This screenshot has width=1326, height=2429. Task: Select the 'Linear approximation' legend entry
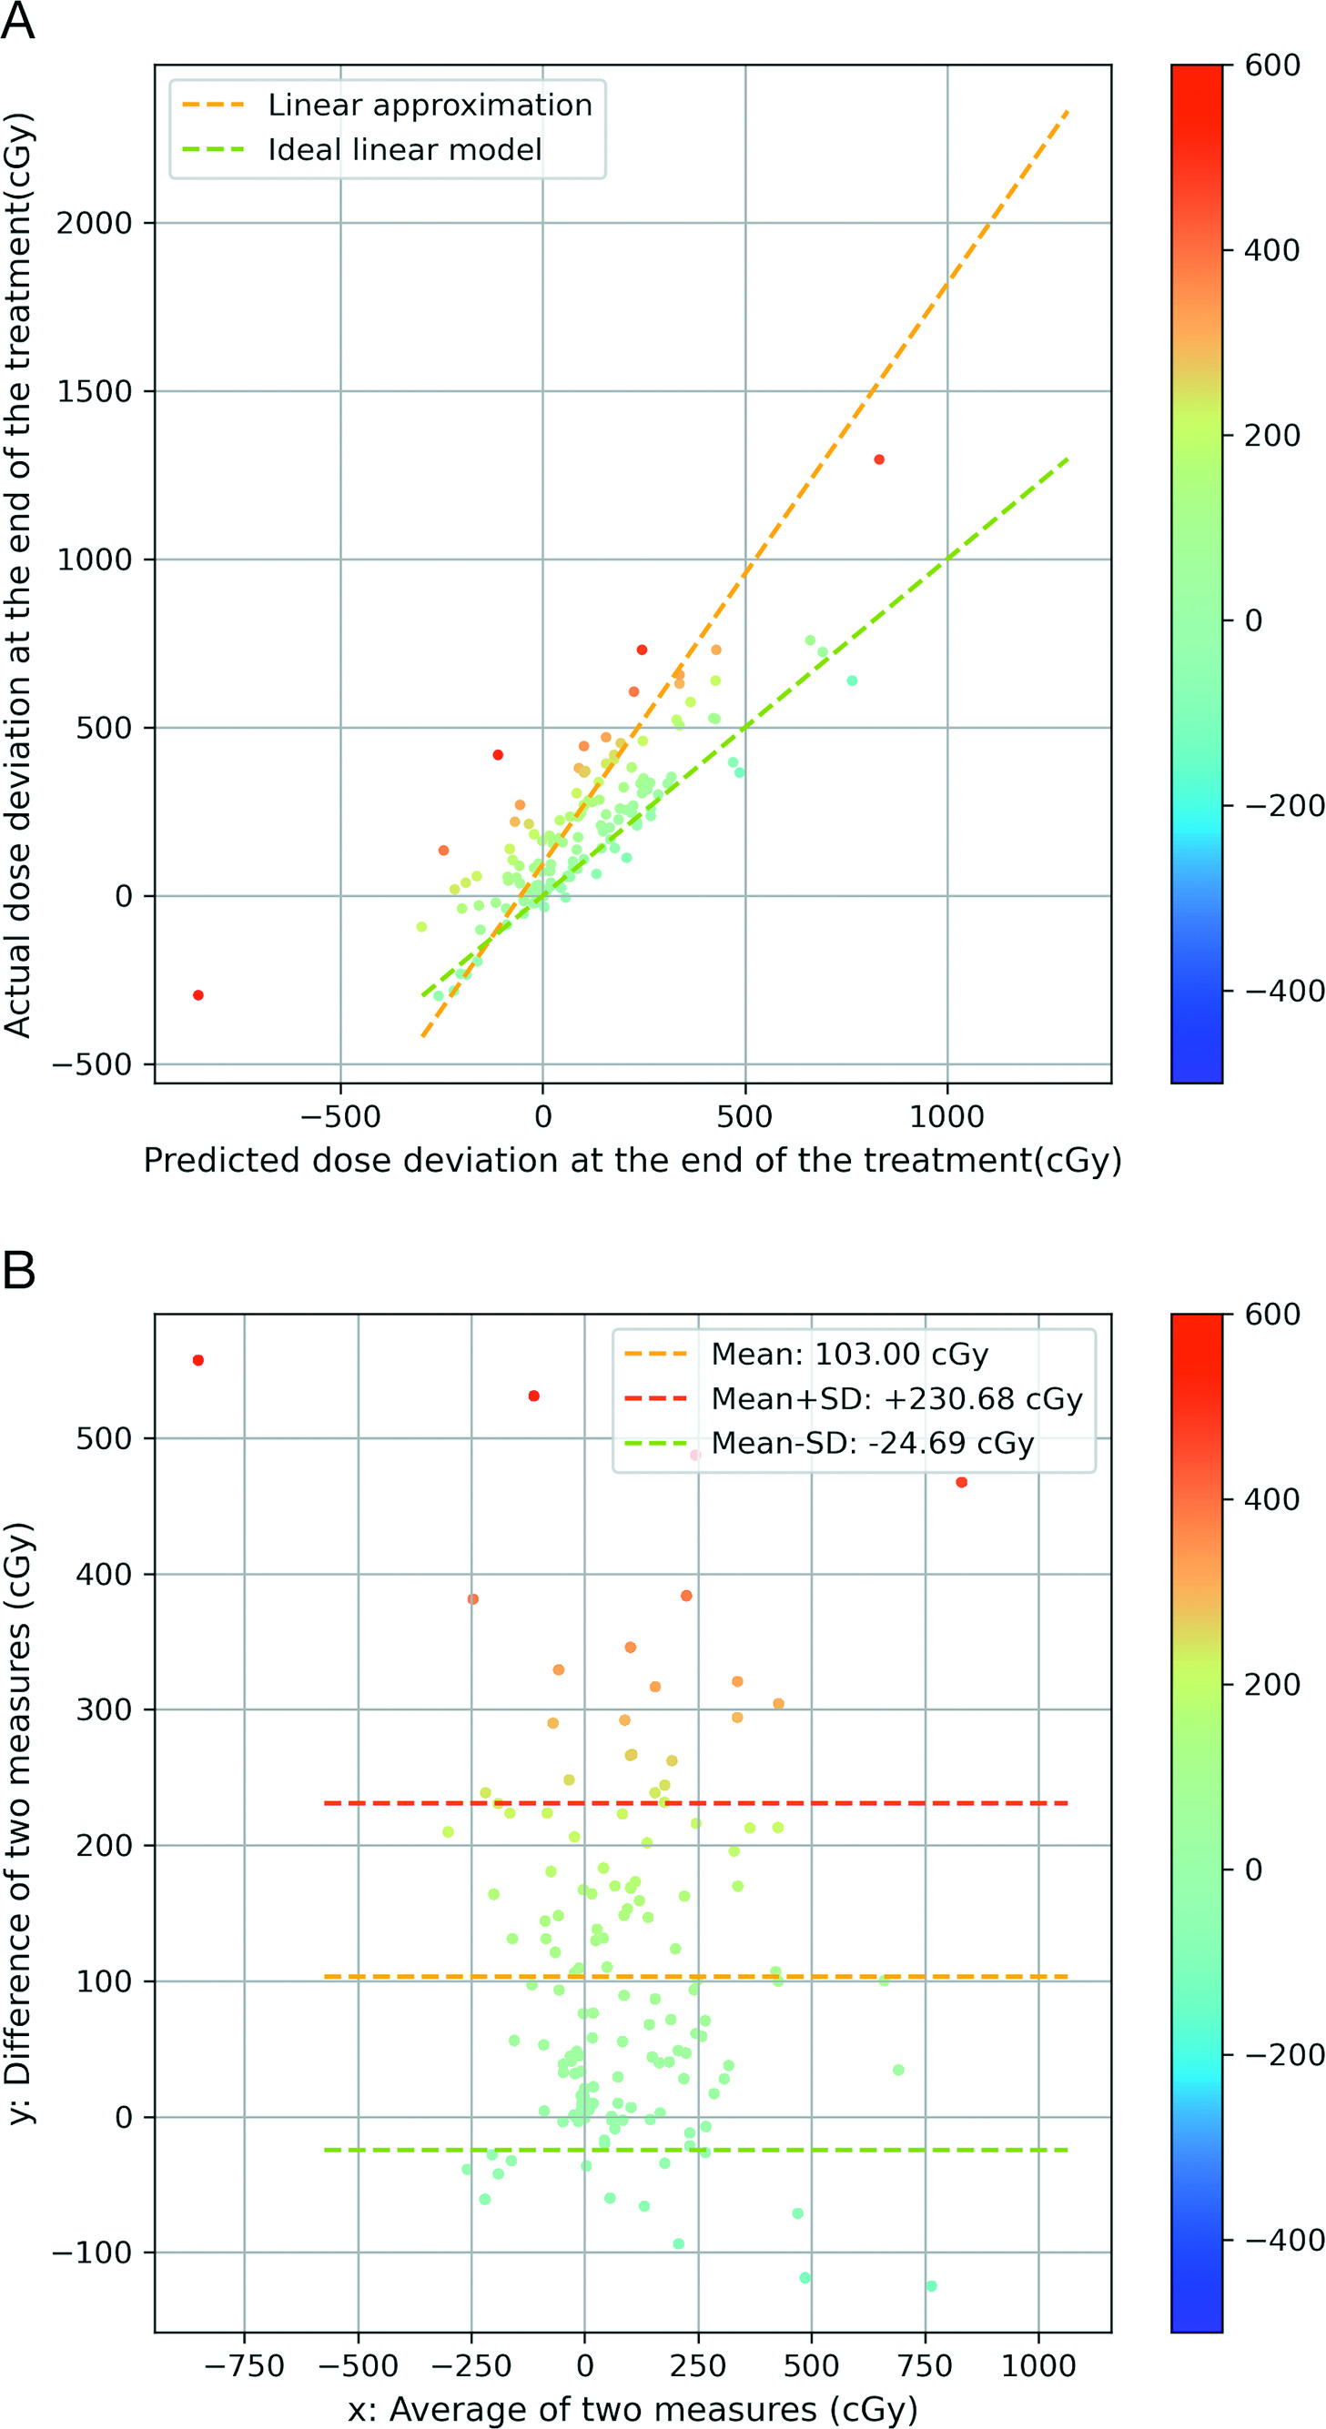pyautogui.click(x=430, y=105)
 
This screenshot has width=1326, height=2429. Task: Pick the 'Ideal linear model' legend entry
pyautogui.click(x=405, y=150)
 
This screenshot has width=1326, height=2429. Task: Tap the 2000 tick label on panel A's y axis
pyautogui.click(x=94, y=224)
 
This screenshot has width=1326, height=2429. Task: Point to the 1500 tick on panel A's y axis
pyautogui.click(x=94, y=391)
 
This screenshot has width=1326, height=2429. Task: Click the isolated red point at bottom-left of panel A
pyautogui.click(x=198, y=994)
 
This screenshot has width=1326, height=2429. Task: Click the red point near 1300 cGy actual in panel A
pyautogui.click(x=879, y=460)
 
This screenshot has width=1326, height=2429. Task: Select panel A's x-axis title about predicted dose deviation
pyautogui.click(x=632, y=1160)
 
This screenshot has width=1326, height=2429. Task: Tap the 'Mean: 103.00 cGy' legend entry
pyautogui.click(x=849, y=1354)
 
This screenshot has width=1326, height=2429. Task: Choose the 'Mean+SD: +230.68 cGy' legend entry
pyautogui.click(x=896, y=1398)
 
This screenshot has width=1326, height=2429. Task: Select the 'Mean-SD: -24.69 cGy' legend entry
pyautogui.click(x=873, y=1443)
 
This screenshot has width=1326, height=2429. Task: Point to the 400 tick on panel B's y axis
pyautogui.click(x=104, y=1575)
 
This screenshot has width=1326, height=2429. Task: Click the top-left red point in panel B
pyautogui.click(x=198, y=1361)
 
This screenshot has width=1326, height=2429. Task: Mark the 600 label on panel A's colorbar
pyautogui.click(x=1272, y=66)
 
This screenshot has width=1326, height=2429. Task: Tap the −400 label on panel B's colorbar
pyautogui.click(x=1283, y=2241)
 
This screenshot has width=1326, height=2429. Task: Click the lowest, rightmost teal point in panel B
pyautogui.click(x=932, y=2285)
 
